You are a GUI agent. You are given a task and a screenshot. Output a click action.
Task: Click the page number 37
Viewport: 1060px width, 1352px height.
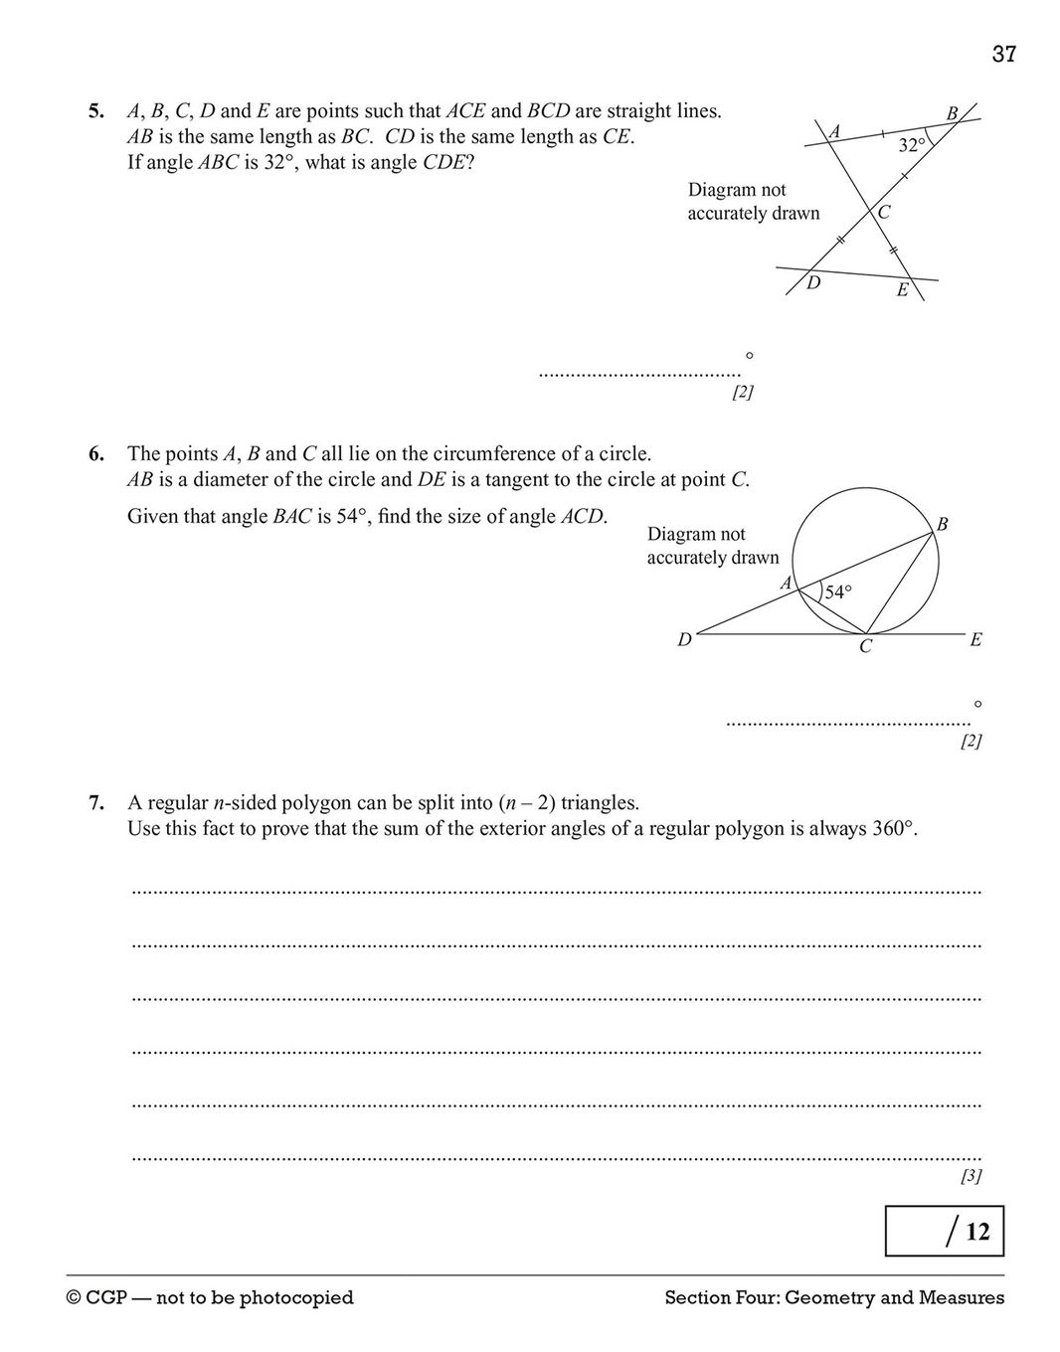(1003, 54)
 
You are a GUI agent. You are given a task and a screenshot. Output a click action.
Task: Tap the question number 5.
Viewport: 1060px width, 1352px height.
(95, 111)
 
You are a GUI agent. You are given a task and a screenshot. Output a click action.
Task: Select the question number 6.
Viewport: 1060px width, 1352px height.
(95, 454)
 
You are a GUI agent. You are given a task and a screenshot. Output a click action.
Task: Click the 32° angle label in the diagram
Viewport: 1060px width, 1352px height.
(912, 145)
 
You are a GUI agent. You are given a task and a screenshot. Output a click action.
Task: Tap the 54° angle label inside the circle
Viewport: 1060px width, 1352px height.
(838, 592)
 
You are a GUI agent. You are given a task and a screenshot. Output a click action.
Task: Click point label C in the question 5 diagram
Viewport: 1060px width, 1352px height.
(884, 212)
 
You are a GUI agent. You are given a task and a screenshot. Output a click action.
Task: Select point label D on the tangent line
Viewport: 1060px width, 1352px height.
(684, 640)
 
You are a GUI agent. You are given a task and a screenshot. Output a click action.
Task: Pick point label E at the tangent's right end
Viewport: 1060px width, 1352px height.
(975, 640)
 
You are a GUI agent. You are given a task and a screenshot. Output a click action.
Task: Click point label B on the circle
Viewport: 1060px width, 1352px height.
(942, 523)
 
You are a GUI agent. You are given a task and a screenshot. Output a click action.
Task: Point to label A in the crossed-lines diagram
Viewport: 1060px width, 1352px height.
(834, 131)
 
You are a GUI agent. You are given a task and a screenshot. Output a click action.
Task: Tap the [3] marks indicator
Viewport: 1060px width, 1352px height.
(971, 1177)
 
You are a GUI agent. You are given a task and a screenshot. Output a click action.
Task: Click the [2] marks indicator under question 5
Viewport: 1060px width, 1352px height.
(742, 393)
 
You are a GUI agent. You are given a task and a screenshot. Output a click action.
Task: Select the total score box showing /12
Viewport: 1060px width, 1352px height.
(944, 1231)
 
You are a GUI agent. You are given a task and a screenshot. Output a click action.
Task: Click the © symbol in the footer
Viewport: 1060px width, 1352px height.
(75, 1297)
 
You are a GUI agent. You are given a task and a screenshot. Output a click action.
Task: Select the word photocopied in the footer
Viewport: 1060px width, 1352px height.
(296, 1297)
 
